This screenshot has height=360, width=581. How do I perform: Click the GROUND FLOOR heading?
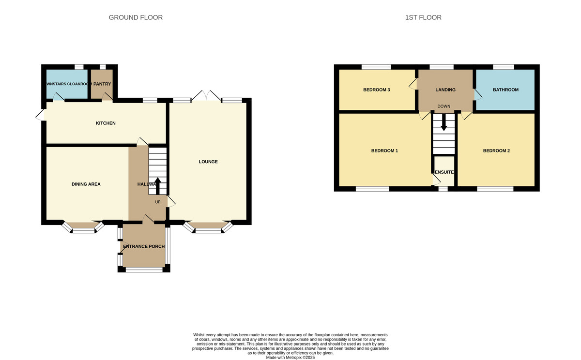click(x=136, y=17)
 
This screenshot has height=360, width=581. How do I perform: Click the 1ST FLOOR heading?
click(x=423, y=17)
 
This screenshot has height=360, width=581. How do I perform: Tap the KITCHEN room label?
click(x=106, y=123)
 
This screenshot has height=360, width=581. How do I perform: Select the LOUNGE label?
click(x=208, y=162)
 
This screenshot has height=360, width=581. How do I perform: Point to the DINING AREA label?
click(x=86, y=184)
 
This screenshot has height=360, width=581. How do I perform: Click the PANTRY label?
click(x=102, y=84)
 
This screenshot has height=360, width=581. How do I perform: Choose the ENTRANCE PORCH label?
click(x=144, y=246)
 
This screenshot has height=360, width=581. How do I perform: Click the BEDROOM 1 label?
click(x=384, y=150)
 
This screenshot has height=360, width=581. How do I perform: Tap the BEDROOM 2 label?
click(x=496, y=150)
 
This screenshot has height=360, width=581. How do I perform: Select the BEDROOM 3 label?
click(x=377, y=90)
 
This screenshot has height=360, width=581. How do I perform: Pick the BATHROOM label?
click(x=505, y=90)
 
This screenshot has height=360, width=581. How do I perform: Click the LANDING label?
click(x=445, y=90)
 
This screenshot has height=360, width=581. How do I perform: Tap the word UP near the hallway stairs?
click(x=157, y=202)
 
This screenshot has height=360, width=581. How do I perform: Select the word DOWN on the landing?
click(x=443, y=106)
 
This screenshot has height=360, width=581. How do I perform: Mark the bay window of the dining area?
click(x=84, y=228)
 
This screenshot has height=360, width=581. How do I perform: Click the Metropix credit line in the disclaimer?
click(x=290, y=358)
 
